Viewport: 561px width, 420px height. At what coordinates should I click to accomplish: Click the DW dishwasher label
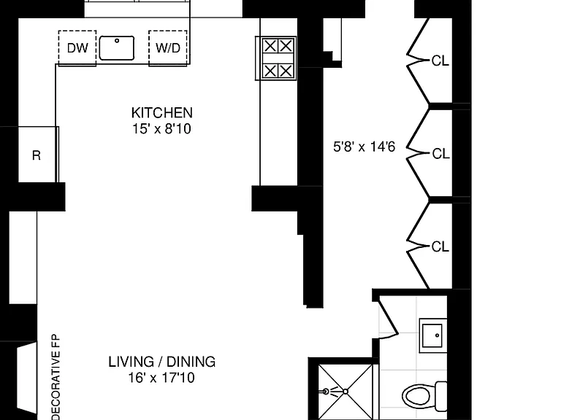(77, 48)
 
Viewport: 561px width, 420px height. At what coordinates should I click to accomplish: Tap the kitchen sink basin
(117, 48)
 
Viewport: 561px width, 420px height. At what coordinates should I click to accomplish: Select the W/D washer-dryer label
(168, 48)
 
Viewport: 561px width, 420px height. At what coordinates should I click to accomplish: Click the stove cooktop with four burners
(276, 58)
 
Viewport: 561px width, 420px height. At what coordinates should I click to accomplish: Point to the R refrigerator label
(36, 155)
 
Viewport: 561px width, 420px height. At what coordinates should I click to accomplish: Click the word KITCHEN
(161, 113)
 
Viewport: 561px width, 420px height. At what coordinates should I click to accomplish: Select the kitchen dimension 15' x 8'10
(161, 128)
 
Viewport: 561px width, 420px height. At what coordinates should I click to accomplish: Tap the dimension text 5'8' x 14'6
(365, 147)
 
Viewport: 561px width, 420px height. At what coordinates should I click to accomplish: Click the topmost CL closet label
(440, 61)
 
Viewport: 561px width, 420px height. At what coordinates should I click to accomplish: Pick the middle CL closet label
(440, 154)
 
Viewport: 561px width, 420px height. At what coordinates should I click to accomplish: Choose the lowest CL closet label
(440, 246)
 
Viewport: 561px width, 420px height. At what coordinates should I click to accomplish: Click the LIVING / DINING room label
(161, 362)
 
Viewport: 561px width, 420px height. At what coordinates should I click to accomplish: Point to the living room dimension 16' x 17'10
(161, 378)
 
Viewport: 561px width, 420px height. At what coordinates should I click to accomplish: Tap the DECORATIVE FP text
(56, 377)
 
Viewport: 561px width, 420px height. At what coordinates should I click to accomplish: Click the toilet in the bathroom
(424, 396)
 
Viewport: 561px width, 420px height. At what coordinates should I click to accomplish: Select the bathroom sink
(432, 335)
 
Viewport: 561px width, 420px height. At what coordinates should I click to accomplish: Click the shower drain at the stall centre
(346, 392)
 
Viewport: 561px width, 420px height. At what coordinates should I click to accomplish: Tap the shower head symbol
(326, 392)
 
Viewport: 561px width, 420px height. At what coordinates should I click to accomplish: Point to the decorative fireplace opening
(27, 377)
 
